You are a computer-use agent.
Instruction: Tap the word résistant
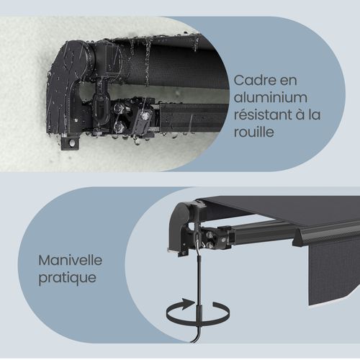[258, 114]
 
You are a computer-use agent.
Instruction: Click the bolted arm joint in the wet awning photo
[133, 119]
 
